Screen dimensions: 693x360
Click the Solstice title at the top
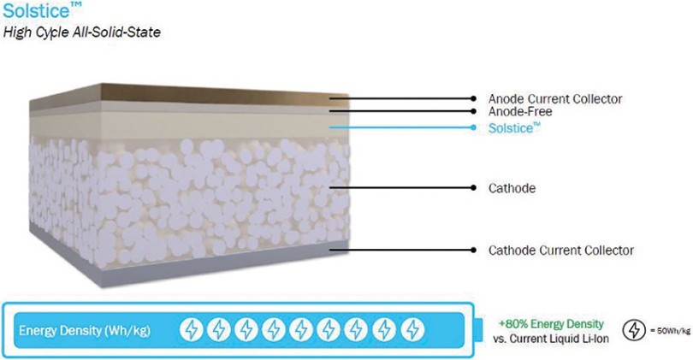pyautogui.click(x=42, y=10)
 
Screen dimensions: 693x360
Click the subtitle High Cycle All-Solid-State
pyautogui.click(x=82, y=32)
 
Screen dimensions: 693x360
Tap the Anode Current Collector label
pyautogui.click(x=555, y=99)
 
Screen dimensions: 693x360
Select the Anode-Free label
pyautogui.click(x=520, y=111)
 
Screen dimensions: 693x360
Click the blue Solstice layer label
pyautogui.click(x=514, y=128)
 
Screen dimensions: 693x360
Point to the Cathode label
pyautogui.click(x=512, y=188)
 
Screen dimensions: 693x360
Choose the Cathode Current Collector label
pyautogui.click(x=561, y=251)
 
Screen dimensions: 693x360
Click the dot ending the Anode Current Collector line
pyautogui.click(x=473, y=98)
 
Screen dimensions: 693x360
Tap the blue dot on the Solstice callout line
pyautogui.click(x=473, y=127)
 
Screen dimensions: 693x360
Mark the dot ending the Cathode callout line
pyautogui.click(x=473, y=188)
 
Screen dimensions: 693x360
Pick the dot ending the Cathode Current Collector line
pyautogui.click(x=473, y=250)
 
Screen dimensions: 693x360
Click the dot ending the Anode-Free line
pyautogui.click(x=473, y=111)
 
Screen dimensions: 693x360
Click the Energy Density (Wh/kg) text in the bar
pyautogui.click(x=85, y=330)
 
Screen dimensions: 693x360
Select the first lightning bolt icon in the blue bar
pyautogui.click(x=192, y=329)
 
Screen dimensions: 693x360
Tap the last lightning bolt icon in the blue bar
pyautogui.click(x=412, y=329)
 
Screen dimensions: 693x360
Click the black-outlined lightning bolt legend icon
pyautogui.click(x=634, y=330)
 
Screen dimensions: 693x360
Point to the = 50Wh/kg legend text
pyautogui.click(x=670, y=331)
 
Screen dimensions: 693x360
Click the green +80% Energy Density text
pyautogui.click(x=551, y=324)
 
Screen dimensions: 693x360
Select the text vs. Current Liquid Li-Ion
pyautogui.click(x=551, y=339)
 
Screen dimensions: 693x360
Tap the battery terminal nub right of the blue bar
pyautogui.click(x=478, y=330)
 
